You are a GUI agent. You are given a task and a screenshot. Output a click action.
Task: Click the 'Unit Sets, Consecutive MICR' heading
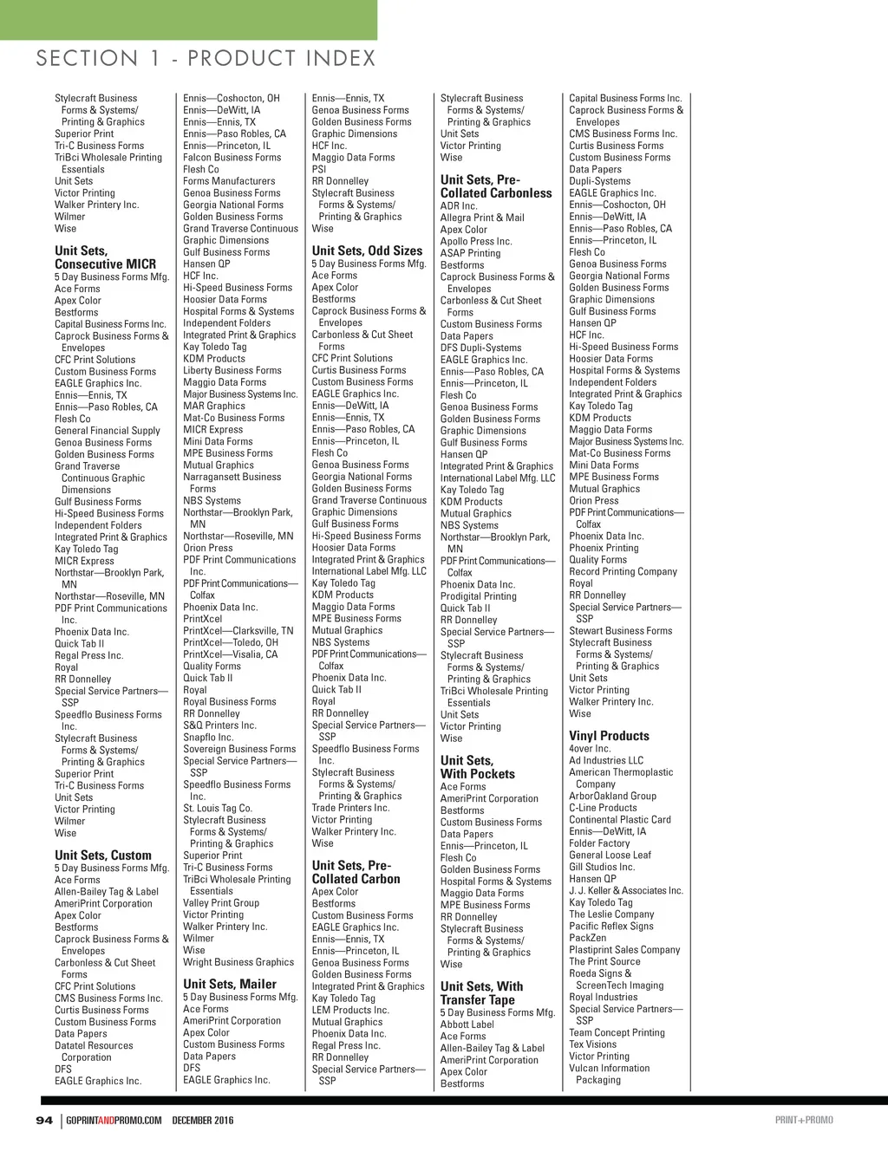[105, 257]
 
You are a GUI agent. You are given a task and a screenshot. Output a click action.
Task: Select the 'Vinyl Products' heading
[609, 736]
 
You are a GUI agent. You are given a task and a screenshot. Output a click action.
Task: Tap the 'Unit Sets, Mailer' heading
[230, 984]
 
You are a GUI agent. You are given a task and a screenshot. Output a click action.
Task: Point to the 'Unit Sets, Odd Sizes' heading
[367, 250]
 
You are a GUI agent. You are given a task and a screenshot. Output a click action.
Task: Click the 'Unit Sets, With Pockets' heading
[477, 767]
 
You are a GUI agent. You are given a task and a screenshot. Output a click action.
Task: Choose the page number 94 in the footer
[44, 1120]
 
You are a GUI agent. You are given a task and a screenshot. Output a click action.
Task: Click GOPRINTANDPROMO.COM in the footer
[114, 1120]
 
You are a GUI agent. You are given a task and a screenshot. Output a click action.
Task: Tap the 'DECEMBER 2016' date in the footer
[203, 1120]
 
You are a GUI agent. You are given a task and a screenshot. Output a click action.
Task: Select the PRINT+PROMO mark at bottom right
[804, 1120]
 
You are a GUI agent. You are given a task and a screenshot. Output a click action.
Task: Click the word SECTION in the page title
[87, 58]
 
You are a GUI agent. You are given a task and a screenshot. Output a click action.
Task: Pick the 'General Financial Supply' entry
[108, 431]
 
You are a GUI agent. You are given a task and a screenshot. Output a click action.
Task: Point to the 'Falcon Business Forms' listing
[232, 158]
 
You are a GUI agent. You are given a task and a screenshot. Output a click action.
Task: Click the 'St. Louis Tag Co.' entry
[217, 808]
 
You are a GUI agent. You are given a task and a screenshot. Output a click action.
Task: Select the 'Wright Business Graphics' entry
[238, 962]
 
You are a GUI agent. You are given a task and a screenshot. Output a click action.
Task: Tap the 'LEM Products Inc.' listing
[350, 1010]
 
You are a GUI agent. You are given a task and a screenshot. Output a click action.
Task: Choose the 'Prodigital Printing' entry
[478, 596]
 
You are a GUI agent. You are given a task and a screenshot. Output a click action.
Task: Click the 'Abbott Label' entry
[467, 1025]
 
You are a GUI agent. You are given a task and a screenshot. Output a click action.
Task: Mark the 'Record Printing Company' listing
[623, 572]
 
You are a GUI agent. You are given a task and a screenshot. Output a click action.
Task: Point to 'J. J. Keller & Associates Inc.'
[625, 890]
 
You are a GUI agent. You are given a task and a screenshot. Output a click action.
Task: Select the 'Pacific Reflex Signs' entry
[610, 926]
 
